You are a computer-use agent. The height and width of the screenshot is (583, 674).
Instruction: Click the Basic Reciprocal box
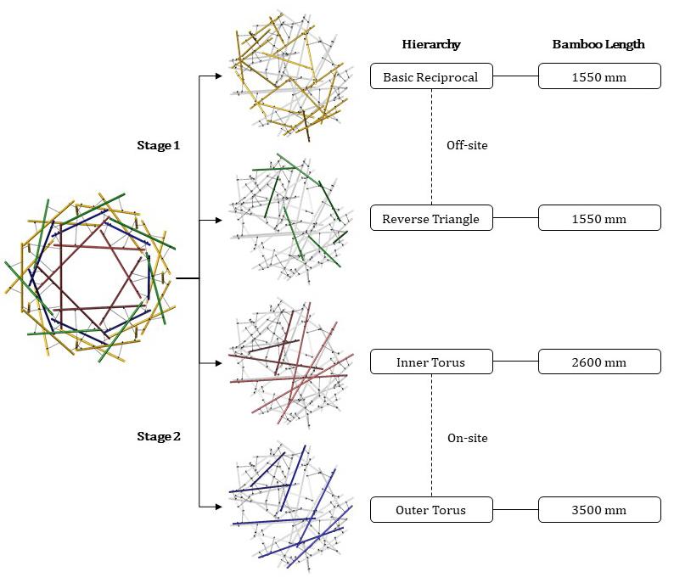(430, 77)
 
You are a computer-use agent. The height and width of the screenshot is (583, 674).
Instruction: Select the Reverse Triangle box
(430, 219)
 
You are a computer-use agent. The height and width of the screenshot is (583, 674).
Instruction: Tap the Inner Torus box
(430, 362)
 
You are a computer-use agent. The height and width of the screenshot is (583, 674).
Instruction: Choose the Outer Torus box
(430, 510)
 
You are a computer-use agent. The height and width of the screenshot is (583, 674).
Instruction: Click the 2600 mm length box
(598, 362)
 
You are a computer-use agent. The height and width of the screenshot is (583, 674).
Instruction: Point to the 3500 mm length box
(598, 510)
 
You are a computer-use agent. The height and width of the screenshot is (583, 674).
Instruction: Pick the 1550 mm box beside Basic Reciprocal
(598, 77)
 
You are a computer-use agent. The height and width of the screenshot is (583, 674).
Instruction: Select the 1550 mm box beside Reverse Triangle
(598, 219)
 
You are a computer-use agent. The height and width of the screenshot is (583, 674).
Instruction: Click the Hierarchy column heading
(430, 44)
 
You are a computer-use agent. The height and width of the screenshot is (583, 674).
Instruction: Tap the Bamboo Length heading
(598, 44)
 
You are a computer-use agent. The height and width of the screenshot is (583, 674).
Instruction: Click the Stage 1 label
(159, 145)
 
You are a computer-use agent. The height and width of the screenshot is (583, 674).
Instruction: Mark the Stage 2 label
(159, 437)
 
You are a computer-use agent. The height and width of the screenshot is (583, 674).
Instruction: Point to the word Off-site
(467, 145)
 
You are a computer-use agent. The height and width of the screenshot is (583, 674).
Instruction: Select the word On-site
(467, 438)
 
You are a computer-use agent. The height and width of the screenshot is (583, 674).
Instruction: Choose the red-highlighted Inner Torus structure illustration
(289, 363)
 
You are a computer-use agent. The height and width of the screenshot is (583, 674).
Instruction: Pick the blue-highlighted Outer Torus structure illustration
(289, 509)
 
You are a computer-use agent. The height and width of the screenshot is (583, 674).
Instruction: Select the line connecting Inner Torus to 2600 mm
(515, 362)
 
